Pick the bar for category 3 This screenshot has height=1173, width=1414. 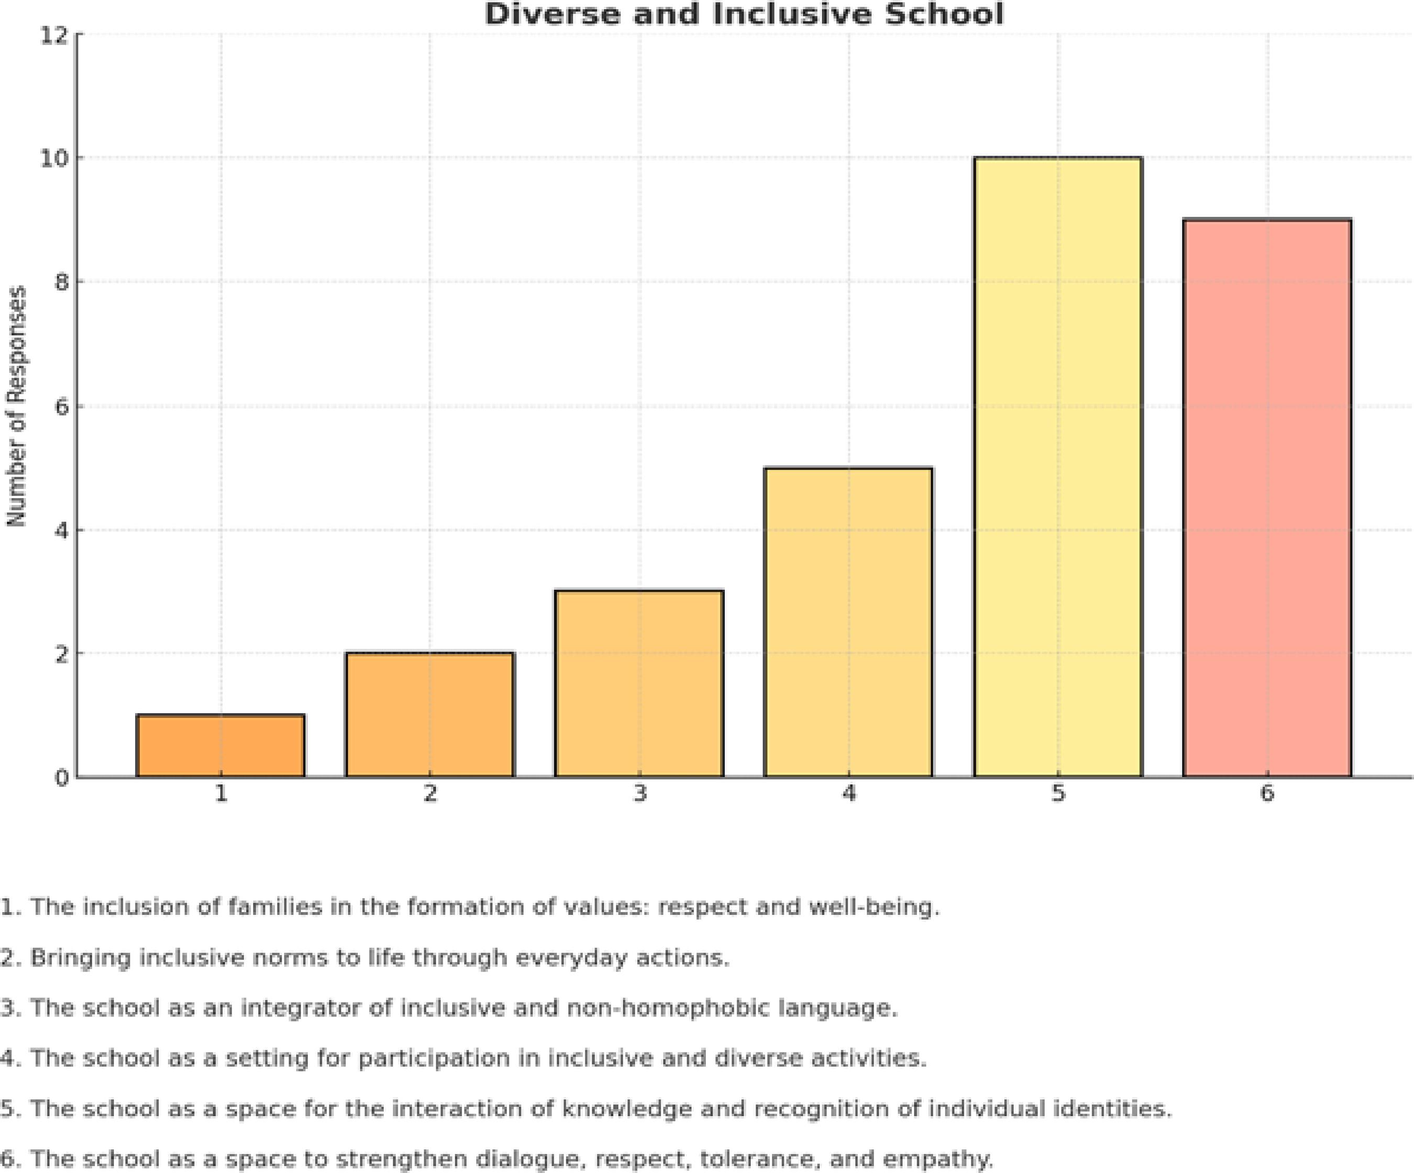[x=639, y=684]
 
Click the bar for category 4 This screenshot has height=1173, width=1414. [x=848, y=622]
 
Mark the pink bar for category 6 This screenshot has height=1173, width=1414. [x=1267, y=498]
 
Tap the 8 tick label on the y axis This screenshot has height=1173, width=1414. [x=61, y=282]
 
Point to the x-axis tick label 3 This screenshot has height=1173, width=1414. [x=639, y=794]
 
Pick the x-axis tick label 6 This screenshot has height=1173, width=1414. [x=1267, y=794]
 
